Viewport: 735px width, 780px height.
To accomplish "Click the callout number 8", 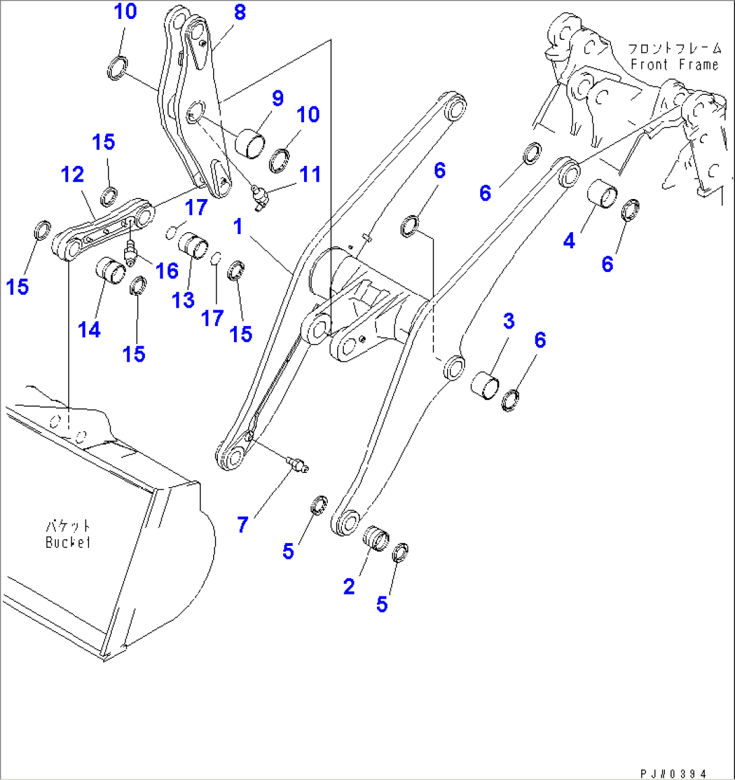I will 239,13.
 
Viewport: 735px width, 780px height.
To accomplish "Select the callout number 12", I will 72,175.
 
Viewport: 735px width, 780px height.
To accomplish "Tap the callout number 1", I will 238,227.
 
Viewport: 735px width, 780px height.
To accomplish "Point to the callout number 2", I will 349,586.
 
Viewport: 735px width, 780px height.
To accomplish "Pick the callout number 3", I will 508,322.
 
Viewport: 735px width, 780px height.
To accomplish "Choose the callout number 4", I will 569,241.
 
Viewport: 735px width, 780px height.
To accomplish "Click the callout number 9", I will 277,99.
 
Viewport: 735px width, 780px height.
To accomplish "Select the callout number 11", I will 310,174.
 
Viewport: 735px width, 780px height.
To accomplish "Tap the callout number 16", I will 167,271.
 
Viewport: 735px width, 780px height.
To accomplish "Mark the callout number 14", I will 89,329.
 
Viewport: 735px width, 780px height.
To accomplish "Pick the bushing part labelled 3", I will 486,384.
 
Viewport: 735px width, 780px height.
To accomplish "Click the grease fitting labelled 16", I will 130,252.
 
